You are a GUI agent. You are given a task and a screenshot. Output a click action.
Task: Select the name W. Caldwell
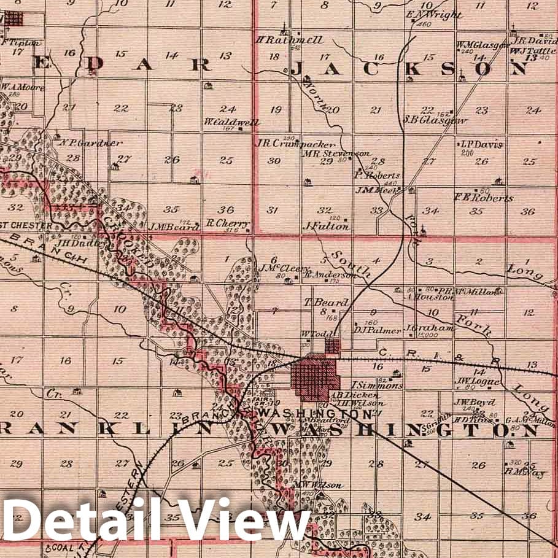click(232, 122)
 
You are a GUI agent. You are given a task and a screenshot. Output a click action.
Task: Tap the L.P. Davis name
click(481, 144)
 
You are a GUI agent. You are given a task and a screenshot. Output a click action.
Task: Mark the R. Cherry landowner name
click(227, 223)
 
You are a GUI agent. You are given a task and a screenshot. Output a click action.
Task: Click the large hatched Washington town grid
click(315, 376)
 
